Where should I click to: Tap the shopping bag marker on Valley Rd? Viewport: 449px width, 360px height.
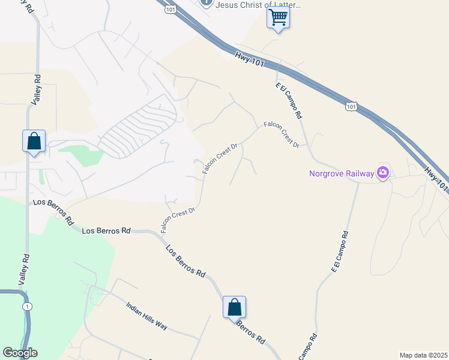(x=34, y=142)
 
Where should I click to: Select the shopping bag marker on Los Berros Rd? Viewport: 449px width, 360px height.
(x=235, y=308)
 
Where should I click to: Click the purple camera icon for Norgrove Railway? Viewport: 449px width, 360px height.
(x=383, y=173)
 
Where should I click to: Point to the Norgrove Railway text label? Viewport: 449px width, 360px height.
(x=341, y=174)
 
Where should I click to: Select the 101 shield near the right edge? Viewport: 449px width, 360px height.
(x=352, y=106)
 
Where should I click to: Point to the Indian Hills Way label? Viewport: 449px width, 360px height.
(x=147, y=316)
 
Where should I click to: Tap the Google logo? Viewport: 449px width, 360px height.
(x=20, y=353)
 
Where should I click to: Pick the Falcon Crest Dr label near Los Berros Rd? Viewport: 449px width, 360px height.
(x=178, y=220)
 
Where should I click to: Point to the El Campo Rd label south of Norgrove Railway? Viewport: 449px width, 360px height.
(x=340, y=251)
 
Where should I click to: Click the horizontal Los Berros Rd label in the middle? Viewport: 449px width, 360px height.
(x=106, y=230)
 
